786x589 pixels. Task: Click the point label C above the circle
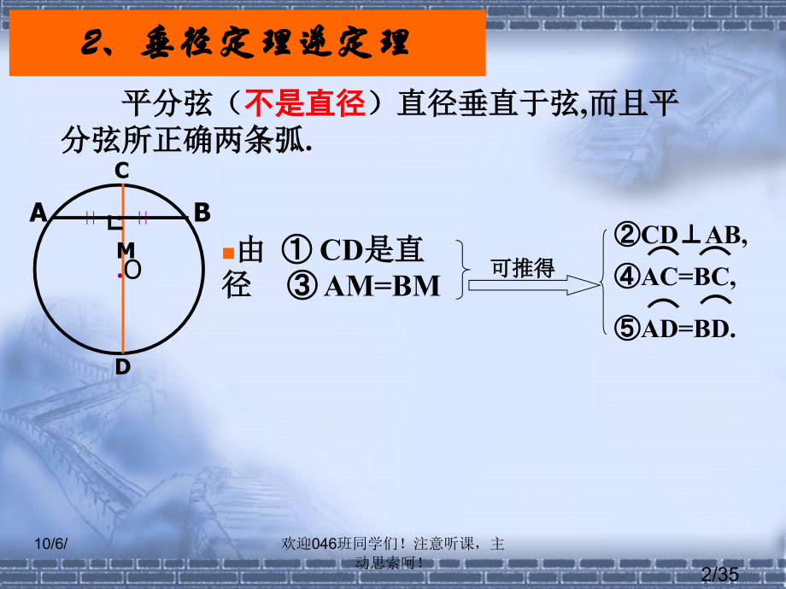click(122, 172)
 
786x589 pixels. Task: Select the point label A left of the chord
click(38, 213)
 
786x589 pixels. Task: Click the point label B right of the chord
click(202, 213)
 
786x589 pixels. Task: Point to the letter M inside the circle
click(126, 250)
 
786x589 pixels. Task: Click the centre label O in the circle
click(132, 271)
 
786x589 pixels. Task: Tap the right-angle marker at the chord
click(114, 224)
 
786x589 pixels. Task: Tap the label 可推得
click(523, 268)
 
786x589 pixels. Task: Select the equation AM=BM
click(382, 287)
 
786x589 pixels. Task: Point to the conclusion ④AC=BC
click(676, 277)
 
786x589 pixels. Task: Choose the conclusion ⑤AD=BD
click(676, 329)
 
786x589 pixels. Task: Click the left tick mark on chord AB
click(91, 218)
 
